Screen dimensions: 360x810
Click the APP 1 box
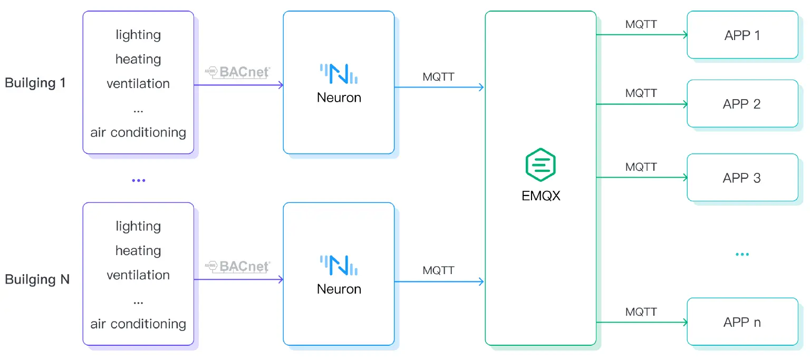[742, 35]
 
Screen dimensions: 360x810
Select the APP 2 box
[742, 104]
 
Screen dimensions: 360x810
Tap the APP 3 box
[742, 178]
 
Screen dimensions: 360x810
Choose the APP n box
[742, 322]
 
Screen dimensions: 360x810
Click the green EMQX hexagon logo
[541, 165]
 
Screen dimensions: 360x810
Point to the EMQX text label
[541, 196]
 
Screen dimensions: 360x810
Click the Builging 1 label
[35, 83]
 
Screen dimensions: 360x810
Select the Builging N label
[37, 279]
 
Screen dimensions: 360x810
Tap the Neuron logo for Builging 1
[339, 74]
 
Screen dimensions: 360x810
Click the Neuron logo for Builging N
[339, 265]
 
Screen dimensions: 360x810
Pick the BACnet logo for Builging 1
[238, 72]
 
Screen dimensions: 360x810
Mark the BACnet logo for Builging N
[238, 267]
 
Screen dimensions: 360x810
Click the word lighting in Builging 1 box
[138, 35]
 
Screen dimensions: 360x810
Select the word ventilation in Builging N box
[138, 275]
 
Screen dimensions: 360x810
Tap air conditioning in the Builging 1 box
[138, 132]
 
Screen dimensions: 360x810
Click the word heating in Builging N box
[138, 251]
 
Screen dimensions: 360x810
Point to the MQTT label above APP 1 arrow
[641, 24]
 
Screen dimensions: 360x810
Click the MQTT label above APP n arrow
[641, 312]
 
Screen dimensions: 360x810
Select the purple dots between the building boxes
[138, 180]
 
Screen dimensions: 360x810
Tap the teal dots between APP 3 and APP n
[742, 254]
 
